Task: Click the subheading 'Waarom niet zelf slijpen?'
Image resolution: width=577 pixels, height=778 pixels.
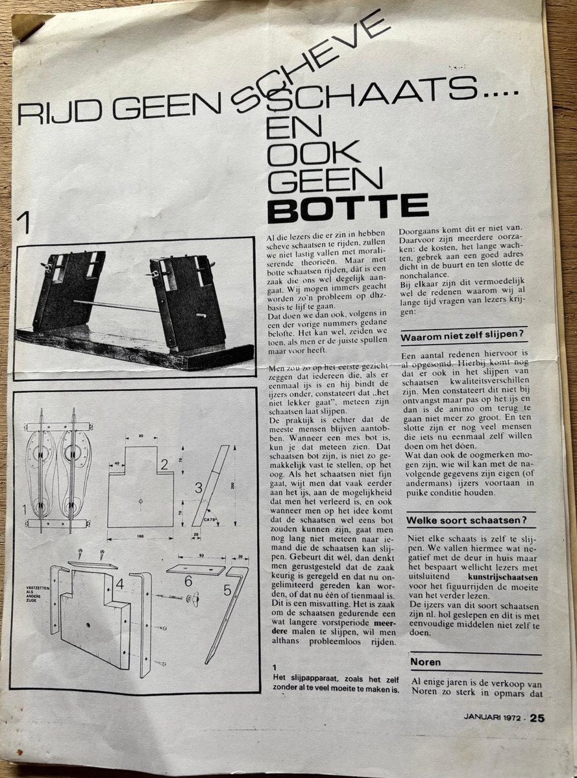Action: tap(462, 337)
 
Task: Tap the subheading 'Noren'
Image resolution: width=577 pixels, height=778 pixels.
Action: tap(425, 663)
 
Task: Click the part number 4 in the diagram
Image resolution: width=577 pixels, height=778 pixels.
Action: tap(120, 582)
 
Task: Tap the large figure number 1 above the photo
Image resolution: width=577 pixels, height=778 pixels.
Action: tap(26, 224)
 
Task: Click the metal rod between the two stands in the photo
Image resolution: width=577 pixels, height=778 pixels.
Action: tap(117, 305)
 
